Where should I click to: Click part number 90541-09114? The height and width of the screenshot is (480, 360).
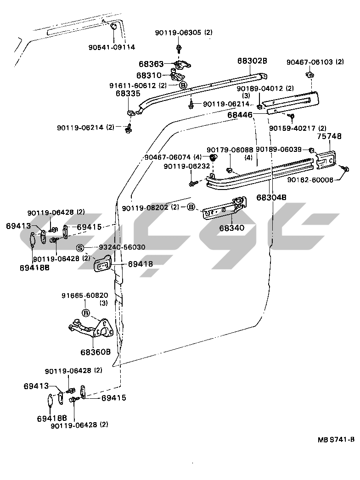112,47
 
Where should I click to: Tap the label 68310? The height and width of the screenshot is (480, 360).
149,75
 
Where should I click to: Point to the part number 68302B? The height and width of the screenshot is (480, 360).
252,61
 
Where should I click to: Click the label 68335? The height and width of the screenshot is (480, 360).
128,94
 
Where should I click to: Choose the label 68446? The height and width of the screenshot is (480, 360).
240,115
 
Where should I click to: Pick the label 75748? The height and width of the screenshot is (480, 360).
329,136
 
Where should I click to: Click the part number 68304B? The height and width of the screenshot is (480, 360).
271,197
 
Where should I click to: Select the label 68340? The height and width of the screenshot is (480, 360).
231,228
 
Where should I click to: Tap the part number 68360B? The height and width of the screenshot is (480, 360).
96,352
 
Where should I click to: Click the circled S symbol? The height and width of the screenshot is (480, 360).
80,248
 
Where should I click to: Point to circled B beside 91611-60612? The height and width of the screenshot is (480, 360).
182,85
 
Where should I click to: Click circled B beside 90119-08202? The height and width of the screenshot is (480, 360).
191,207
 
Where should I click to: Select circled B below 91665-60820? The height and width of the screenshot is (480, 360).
85,313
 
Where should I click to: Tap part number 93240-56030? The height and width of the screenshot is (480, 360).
122,247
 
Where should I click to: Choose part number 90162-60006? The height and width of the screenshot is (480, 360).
310,180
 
